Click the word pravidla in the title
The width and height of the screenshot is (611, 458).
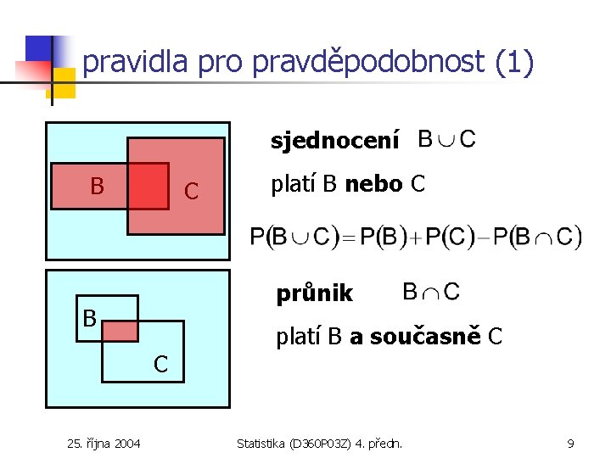(x=137, y=62)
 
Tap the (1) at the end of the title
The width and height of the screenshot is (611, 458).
(x=513, y=62)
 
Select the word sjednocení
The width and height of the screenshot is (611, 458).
(x=334, y=142)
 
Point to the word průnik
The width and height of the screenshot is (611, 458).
(x=314, y=293)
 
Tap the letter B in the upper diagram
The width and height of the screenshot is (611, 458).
(x=98, y=186)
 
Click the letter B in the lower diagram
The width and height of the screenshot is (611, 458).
(x=89, y=319)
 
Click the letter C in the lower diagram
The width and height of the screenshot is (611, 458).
(x=160, y=365)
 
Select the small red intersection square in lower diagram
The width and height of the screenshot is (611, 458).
(x=120, y=331)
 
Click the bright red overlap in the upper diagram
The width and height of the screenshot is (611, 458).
(x=148, y=186)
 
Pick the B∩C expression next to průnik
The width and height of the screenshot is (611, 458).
(x=431, y=292)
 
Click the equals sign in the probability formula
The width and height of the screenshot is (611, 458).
(x=346, y=237)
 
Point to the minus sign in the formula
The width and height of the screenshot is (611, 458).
(x=484, y=237)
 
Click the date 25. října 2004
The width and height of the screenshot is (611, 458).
(x=104, y=443)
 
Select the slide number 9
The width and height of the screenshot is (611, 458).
(x=571, y=443)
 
